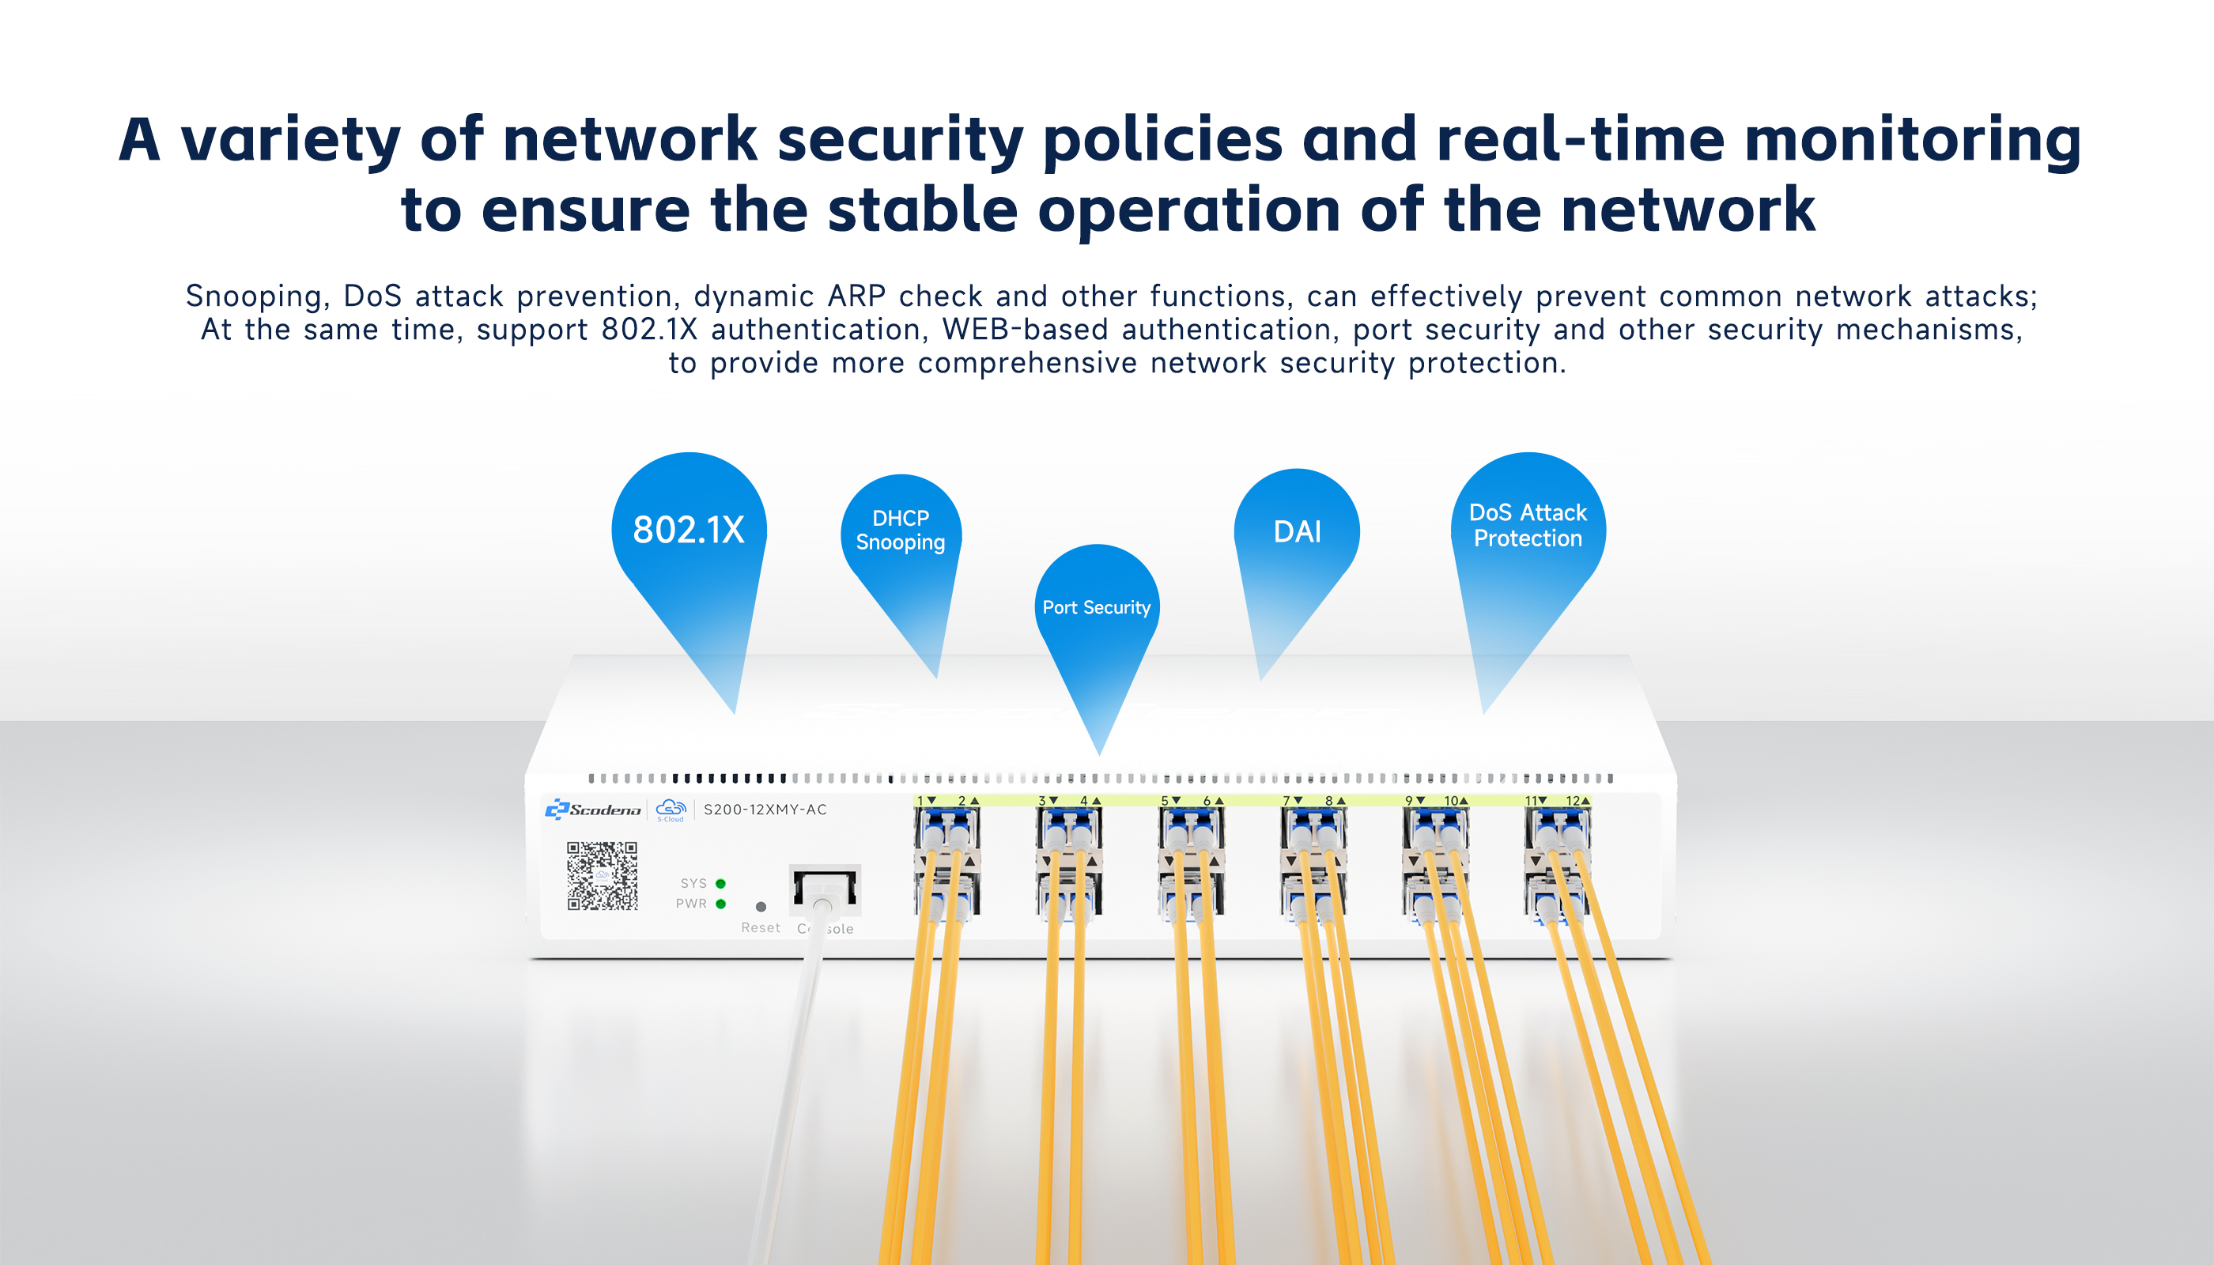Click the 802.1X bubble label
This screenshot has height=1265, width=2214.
coord(688,529)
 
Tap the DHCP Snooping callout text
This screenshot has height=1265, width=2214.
coord(900,530)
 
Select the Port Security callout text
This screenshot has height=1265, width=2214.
coord(1096,607)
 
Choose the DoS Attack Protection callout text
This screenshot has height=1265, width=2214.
coord(1528,526)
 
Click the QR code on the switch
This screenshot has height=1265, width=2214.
coord(603,875)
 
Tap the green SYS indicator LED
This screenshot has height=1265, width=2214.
coord(720,884)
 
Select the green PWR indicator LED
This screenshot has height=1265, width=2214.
coord(720,904)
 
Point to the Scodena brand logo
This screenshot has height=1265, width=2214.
coord(594,810)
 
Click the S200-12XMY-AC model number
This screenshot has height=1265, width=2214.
coord(765,810)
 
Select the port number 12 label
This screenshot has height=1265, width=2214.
coord(1573,800)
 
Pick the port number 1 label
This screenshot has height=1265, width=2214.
coord(920,800)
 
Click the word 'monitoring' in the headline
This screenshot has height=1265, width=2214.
coord(1912,141)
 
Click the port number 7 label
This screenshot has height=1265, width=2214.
coord(1286,800)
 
